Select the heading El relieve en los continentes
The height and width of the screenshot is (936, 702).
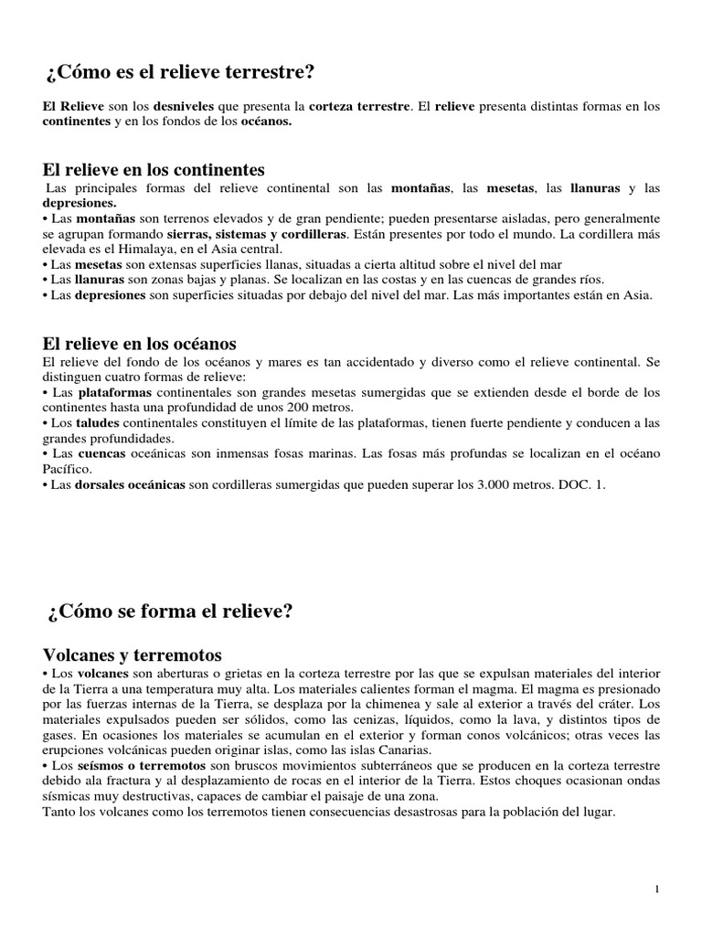[x=154, y=170]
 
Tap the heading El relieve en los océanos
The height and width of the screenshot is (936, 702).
[x=140, y=344]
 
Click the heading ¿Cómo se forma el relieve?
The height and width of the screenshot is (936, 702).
[x=169, y=612]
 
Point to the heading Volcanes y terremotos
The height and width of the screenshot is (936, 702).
[x=133, y=654]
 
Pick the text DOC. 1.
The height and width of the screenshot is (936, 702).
[x=581, y=484]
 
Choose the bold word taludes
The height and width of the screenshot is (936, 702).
[x=94, y=422]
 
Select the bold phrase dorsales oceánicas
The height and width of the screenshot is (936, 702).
[x=131, y=484]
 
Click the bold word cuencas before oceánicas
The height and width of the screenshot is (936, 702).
[x=103, y=453]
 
